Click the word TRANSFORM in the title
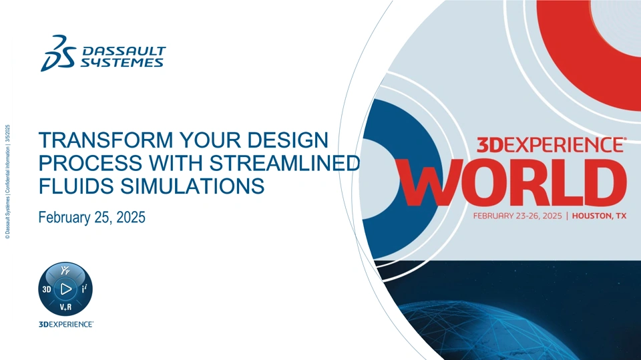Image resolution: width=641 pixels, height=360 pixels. coord(106,140)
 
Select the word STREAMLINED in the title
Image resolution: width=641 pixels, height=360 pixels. coord(284,163)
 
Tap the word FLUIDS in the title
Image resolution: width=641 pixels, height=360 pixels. coord(76,186)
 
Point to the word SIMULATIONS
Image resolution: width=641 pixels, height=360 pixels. coord(192,186)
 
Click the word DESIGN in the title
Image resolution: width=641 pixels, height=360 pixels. coord(288,140)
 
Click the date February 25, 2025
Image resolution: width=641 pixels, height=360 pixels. coord(92,217)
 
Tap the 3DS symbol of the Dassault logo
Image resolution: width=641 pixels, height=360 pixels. coord(58,53)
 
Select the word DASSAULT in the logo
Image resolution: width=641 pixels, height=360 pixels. coord(124,51)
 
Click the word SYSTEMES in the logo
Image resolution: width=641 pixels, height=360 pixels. coord(122,63)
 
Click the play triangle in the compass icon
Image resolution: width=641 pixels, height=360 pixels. coord(66,289)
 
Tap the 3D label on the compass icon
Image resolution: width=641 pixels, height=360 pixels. coord(47,290)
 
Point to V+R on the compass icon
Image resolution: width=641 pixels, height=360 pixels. coord(65,307)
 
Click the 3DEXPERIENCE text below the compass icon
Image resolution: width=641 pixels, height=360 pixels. coord(66,325)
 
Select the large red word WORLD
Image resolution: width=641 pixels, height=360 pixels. coord(513,182)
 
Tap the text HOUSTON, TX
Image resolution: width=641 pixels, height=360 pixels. coord(600,216)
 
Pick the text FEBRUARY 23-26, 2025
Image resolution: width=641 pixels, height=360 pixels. coord(517,216)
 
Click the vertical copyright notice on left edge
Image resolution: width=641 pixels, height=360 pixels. coord(8,182)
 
